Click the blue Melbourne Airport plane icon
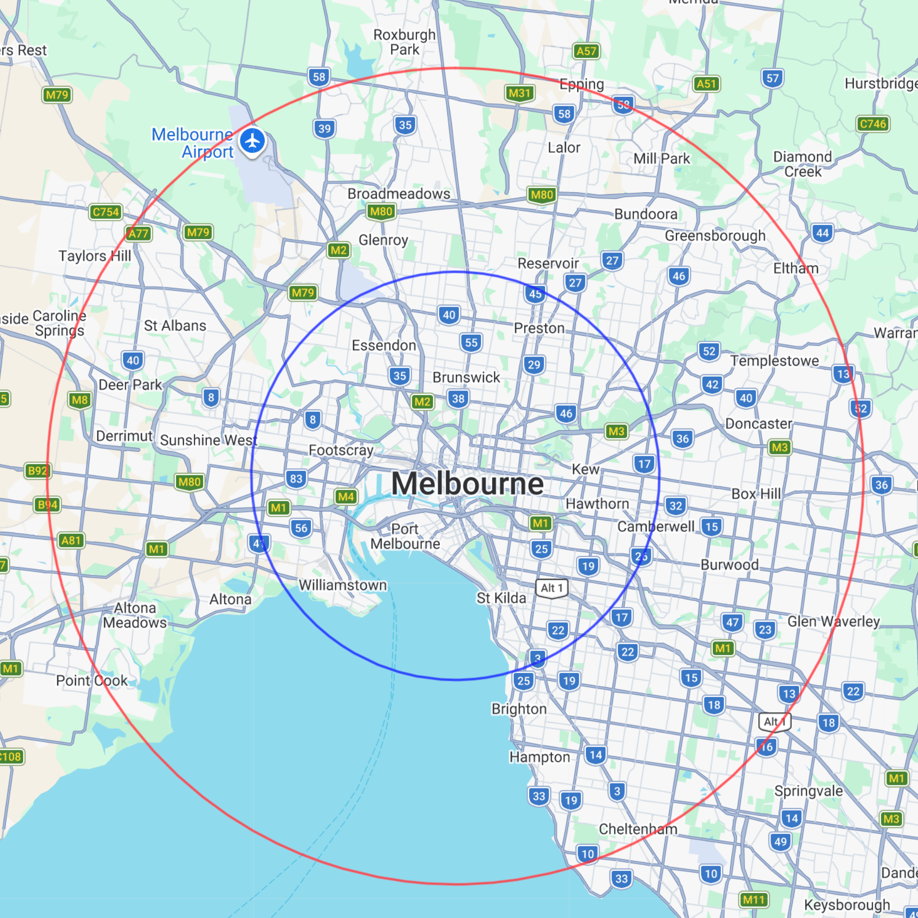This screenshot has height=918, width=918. coord(252,141)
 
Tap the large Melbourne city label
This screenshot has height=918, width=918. coord(467,484)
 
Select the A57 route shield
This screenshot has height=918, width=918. coord(586,51)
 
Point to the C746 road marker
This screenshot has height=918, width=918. coord(873,124)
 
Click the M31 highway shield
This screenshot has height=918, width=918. coord(520,93)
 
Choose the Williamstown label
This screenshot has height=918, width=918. coord(343,585)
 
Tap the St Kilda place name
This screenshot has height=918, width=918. coord(501,598)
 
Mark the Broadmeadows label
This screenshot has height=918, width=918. coord(398,194)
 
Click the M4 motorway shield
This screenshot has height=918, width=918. coord(346,496)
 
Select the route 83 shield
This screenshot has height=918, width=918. coord(296,479)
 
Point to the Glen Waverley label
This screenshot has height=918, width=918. coord(833,621)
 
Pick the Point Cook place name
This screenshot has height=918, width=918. coord(92,681)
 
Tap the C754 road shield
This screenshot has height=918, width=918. coord(106,212)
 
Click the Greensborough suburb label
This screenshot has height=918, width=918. coord(715,236)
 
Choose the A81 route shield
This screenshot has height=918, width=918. coord(71,540)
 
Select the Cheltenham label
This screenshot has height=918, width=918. coord(638,829)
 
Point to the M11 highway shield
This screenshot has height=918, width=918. coord(753,900)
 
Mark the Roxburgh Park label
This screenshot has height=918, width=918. coord(404,42)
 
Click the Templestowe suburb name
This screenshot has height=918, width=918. coord(774,361)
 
